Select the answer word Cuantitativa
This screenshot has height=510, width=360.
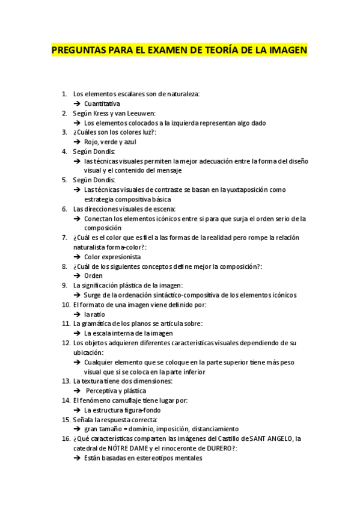102,103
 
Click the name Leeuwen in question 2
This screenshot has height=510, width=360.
142,113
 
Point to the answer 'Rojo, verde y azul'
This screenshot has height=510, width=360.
110,142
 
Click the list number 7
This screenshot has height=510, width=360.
64,238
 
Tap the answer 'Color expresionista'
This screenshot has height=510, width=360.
112,257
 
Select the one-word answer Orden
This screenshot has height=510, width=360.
93,275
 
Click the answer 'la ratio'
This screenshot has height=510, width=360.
94,314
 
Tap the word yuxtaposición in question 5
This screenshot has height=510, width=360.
240,189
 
